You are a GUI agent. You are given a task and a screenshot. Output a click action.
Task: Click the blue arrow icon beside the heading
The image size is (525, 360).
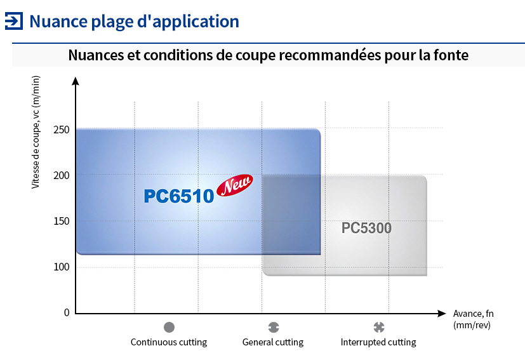(x=14, y=21)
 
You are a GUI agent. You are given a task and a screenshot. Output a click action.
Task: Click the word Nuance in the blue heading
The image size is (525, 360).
(x=58, y=22)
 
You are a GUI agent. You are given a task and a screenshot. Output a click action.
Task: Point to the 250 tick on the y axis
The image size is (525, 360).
(x=62, y=130)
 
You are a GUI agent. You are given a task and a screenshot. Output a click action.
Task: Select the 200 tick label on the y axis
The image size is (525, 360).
(x=62, y=175)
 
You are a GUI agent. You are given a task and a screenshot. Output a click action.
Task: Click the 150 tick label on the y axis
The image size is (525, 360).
(x=62, y=221)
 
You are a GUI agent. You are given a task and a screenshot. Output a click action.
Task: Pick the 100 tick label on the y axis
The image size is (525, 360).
(x=62, y=267)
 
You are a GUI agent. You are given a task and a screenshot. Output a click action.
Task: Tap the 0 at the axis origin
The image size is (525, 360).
(x=67, y=312)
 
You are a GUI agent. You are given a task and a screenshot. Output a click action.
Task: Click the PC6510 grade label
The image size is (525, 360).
(x=179, y=196)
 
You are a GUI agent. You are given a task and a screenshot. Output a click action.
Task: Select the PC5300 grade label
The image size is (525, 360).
(x=366, y=228)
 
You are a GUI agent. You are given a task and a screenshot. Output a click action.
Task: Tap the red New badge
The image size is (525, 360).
(x=235, y=185)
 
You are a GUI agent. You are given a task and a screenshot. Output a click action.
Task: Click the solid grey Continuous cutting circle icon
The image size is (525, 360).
(x=169, y=327)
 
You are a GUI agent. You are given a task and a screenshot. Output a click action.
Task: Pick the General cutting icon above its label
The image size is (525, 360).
(x=274, y=327)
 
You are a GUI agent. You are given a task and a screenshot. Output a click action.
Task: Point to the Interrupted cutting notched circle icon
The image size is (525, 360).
(x=379, y=327)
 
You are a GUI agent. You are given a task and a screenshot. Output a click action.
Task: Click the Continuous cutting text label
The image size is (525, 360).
(x=169, y=342)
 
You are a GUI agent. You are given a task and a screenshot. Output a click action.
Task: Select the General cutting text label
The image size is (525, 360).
(x=273, y=342)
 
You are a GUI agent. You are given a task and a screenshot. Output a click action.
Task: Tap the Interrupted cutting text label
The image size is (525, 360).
(x=378, y=342)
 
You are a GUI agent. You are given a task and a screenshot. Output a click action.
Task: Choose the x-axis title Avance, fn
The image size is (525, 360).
(x=473, y=314)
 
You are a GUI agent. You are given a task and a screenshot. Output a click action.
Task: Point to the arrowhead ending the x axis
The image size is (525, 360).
(x=442, y=314)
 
